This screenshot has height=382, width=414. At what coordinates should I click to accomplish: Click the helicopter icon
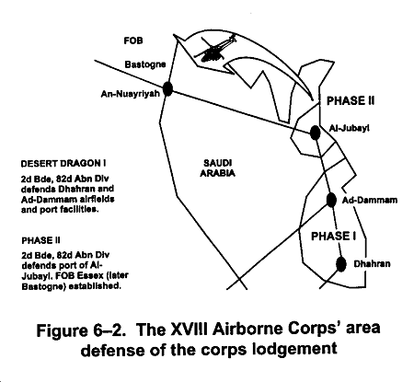214,49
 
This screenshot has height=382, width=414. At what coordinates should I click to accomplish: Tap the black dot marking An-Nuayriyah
167,88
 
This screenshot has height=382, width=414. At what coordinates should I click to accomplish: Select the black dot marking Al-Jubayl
315,133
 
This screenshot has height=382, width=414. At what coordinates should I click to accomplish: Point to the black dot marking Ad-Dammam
331,200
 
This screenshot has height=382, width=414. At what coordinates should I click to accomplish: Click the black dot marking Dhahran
340,264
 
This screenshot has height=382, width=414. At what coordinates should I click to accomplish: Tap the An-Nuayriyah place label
131,94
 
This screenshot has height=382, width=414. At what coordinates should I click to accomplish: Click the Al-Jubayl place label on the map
349,128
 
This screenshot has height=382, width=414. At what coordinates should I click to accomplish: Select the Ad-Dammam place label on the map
370,200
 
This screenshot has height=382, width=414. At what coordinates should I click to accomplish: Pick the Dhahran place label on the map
372,264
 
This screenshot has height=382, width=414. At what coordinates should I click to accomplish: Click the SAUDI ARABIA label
218,168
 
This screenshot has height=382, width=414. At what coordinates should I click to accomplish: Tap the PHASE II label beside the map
351,101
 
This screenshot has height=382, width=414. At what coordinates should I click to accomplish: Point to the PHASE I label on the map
333,236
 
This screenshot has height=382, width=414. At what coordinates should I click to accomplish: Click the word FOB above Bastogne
133,41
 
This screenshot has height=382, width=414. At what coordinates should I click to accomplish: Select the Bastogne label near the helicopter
145,64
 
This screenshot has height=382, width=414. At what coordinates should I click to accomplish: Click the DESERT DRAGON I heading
63,164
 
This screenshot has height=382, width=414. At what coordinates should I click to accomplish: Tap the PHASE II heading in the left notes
40,240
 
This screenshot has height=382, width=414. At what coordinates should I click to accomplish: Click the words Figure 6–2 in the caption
81,330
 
